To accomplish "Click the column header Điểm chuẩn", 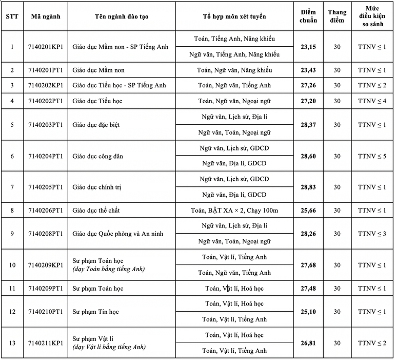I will (x=308, y=16).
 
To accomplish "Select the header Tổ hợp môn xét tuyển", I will (x=234, y=16).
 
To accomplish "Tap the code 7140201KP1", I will (x=45, y=47).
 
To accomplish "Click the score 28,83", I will (x=308, y=187).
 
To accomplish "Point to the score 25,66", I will (x=308, y=211).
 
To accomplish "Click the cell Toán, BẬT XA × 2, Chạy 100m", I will (x=234, y=211).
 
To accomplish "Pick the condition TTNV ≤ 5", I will (x=372, y=156).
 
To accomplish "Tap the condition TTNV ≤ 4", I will (x=372, y=101).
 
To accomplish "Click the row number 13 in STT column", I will (x=12, y=343).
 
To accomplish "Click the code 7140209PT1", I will (x=45, y=289).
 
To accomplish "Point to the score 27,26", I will (x=308, y=85).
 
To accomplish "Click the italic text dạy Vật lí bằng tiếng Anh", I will (x=109, y=347).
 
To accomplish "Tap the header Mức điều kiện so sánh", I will (x=372, y=16).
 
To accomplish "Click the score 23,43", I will (x=308, y=70).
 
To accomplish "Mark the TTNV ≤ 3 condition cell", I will (x=372, y=234).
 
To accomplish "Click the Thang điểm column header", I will (x=337, y=16).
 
